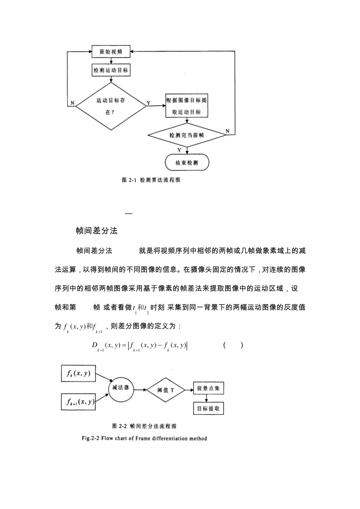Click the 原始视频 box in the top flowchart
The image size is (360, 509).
pos(111,52)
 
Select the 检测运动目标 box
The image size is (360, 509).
pos(111,70)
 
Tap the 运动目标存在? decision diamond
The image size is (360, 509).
pos(110,106)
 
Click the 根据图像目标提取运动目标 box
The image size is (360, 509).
pos(187,106)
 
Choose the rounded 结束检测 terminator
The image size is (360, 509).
pos(187,163)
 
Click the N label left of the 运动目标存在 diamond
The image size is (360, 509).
pos(72,103)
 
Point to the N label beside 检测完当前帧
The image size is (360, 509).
pos(227,131)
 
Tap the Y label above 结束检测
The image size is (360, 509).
pos(180,150)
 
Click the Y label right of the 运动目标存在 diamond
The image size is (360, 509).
pos(148,103)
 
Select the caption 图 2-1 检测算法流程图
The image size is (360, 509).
pos(151,180)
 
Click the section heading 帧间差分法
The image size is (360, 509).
pos(97,231)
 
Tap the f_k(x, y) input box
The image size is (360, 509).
pos(78,373)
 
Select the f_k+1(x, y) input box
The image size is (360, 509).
pos(78,402)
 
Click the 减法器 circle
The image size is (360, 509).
pos(121,388)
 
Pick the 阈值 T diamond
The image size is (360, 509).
pos(166,390)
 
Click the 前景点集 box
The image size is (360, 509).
pos(208,388)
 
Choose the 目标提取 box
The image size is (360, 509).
pos(208,409)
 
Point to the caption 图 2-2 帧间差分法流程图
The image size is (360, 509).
pos(144,426)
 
